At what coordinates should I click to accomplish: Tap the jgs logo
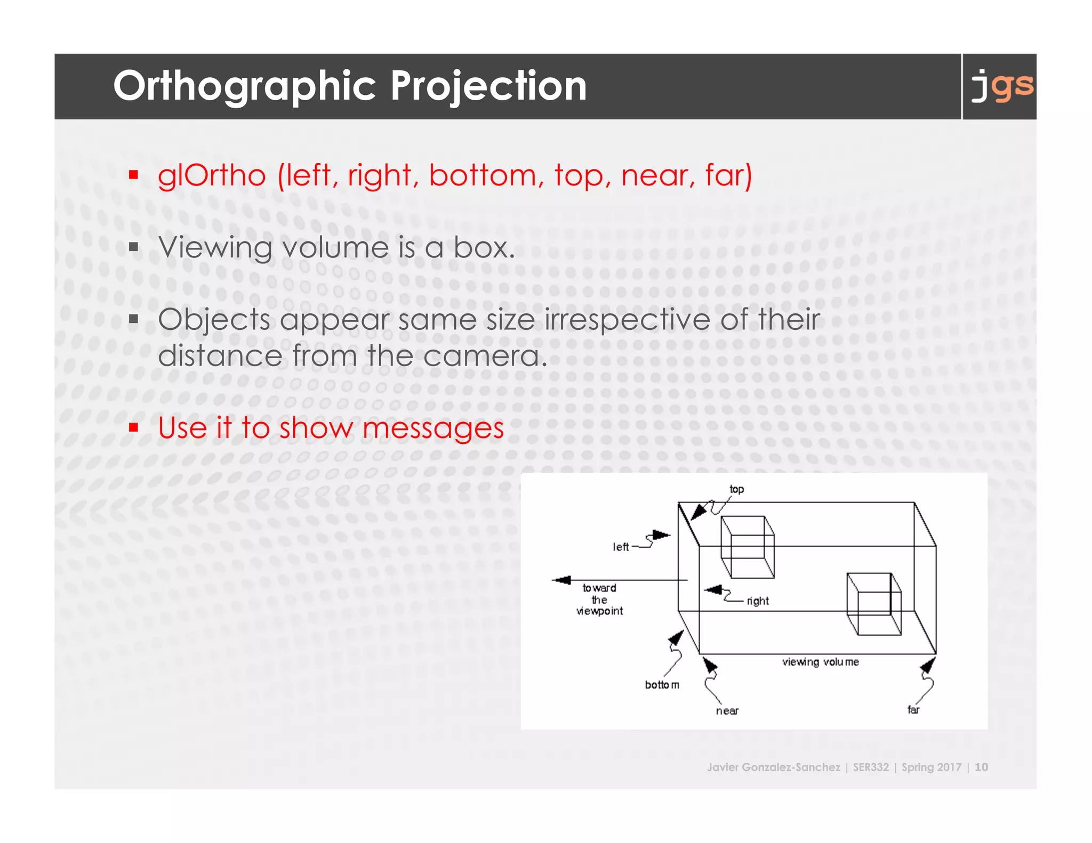[1001, 86]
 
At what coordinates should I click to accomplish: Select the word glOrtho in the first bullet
[212, 176]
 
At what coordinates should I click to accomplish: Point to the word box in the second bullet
[483, 248]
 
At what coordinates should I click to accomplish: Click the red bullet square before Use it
[134, 427]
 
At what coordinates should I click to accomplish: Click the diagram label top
[736, 489]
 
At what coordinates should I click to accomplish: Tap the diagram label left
[621, 547]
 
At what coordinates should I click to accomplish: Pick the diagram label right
[758, 601]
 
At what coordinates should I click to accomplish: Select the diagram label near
[727, 711]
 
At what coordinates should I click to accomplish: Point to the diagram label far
[913, 710]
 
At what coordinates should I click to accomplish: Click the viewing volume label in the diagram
[820, 662]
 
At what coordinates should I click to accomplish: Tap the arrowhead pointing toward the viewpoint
[561, 580]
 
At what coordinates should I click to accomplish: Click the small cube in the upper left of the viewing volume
[747, 547]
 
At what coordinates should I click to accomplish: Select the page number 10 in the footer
[981, 767]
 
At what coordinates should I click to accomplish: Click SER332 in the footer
[871, 767]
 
